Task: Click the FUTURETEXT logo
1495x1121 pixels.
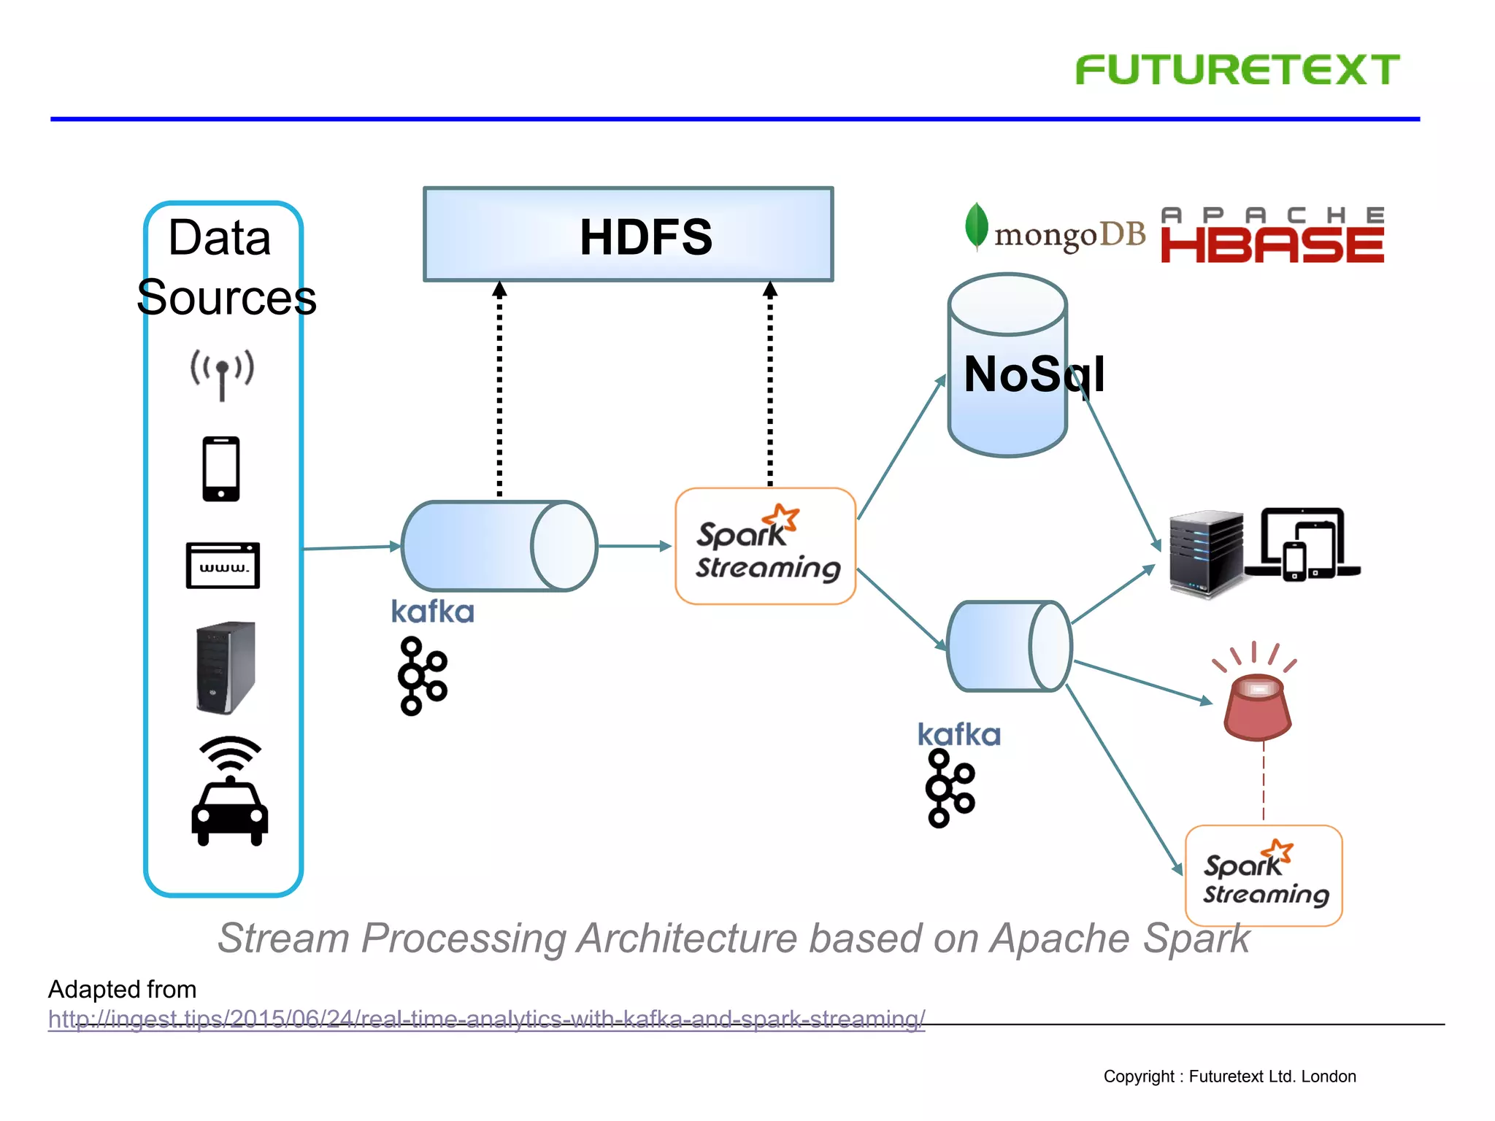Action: pyautogui.click(x=1237, y=70)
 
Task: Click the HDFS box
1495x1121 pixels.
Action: pyautogui.click(x=628, y=235)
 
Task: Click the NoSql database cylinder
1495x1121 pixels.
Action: pyautogui.click(x=1007, y=365)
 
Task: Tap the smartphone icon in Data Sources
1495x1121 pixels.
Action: pyautogui.click(x=221, y=469)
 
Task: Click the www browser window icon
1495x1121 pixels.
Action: pyautogui.click(x=223, y=565)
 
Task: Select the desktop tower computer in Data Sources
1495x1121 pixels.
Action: pyautogui.click(x=226, y=667)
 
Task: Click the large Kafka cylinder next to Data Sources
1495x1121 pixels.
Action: pyautogui.click(x=499, y=546)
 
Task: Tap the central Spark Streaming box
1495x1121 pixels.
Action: pyautogui.click(x=765, y=547)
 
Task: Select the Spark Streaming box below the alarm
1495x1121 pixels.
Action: pyautogui.click(x=1264, y=876)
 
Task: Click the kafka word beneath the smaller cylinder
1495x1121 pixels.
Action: pyautogui.click(x=958, y=735)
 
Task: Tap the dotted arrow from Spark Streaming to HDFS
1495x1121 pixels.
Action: pyautogui.click(x=769, y=387)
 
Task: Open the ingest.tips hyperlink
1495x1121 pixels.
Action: pyautogui.click(x=486, y=1019)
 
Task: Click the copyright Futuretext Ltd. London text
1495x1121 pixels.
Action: pyautogui.click(x=1229, y=1076)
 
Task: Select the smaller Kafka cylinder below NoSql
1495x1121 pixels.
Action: pyautogui.click(x=1009, y=647)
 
